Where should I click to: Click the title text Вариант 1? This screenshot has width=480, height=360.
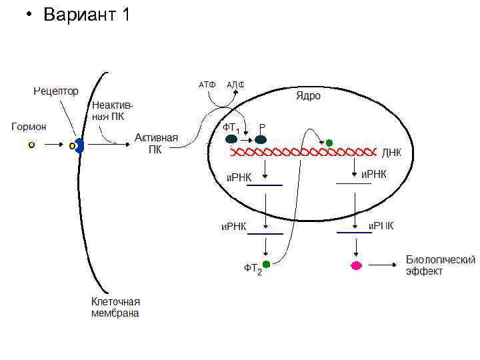coord(86,15)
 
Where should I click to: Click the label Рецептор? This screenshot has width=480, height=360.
coord(57,91)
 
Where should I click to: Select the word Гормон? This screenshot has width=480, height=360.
coord(29,125)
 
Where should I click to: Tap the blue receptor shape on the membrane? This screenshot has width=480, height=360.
coord(79,145)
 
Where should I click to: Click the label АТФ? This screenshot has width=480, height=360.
coord(207,85)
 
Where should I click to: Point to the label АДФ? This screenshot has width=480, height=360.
coord(235,85)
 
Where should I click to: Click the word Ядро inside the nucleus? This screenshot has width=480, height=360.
coord(308,96)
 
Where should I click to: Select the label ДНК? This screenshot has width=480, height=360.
coord(391,153)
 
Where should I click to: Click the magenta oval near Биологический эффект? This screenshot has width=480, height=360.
coord(357,265)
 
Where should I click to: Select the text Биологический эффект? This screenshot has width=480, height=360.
coord(440,265)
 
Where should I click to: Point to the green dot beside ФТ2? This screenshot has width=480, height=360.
coord(267,265)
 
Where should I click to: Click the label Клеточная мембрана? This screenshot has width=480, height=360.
coord(115,307)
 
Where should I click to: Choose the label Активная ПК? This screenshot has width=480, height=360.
coord(156,143)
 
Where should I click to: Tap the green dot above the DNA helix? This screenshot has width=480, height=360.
coord(329,143)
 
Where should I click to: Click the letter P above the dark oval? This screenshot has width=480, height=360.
coord(262,127)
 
